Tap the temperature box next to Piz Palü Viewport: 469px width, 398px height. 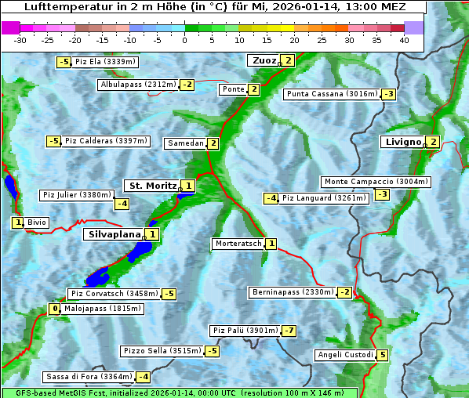[289, 331]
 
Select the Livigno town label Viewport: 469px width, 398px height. [402, 142]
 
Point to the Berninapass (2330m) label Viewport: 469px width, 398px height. [293, 292]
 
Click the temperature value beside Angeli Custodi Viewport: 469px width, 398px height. [382, 355]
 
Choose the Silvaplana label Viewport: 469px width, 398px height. [114, 234]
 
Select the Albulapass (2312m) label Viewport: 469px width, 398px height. [138, 85]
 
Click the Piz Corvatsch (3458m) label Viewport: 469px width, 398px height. [113, 294]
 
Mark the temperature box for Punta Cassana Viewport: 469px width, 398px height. [388, 94]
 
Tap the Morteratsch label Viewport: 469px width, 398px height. [238, 244]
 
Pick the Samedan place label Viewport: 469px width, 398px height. [185, 143]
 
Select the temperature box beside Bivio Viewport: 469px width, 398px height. [17, 223]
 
